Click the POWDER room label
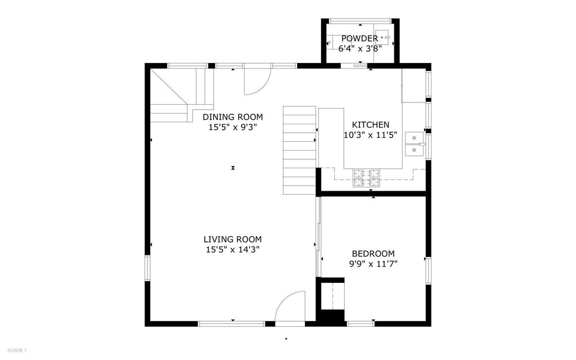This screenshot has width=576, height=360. click(x=359, y=39)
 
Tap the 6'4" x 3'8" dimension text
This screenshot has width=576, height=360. click(x=360, y=48)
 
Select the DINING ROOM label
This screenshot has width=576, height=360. click(x=233, y=117)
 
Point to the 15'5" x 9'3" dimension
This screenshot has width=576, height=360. click(x=233, y=128)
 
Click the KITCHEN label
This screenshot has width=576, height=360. click(x=370, y=124)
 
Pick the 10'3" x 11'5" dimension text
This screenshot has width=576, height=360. click(x=370, y=135)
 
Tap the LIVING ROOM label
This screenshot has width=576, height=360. click(x=233, y=240)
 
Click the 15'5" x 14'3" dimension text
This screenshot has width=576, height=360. click(x=233, y=250)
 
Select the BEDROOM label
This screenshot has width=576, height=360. click(x=373, y=254)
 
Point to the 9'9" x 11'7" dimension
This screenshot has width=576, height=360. click(x=373, y=264)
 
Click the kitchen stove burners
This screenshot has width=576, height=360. click(x=366, y=178)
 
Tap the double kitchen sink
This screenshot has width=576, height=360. click(x=415, y=144)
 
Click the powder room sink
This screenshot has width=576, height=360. click(x=382, y=38)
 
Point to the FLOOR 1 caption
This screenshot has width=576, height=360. click(x=17, y=350)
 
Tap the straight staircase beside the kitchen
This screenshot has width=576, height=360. click(x=299, y=150)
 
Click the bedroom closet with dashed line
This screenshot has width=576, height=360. click(x=332, y=296)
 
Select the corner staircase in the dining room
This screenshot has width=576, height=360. click(x=182, y=94)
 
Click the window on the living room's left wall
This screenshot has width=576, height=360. click(x=147, y=268)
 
